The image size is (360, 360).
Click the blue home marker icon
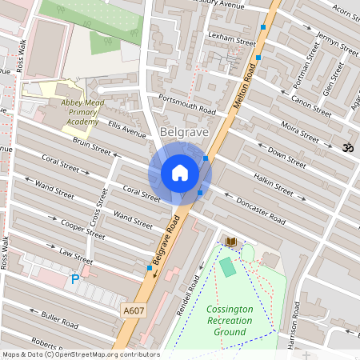pos(180,172)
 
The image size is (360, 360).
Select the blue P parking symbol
pos(75,279)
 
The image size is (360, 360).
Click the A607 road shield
pos(134,310)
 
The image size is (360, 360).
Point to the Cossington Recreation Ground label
pos(230,320)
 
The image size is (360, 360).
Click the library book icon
pos(231,241)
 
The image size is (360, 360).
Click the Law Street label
pos(76,255)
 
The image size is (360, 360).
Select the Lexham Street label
pos(225,36)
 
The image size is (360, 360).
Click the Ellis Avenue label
pos(128,130)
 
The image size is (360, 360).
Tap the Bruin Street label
pos(91,148)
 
